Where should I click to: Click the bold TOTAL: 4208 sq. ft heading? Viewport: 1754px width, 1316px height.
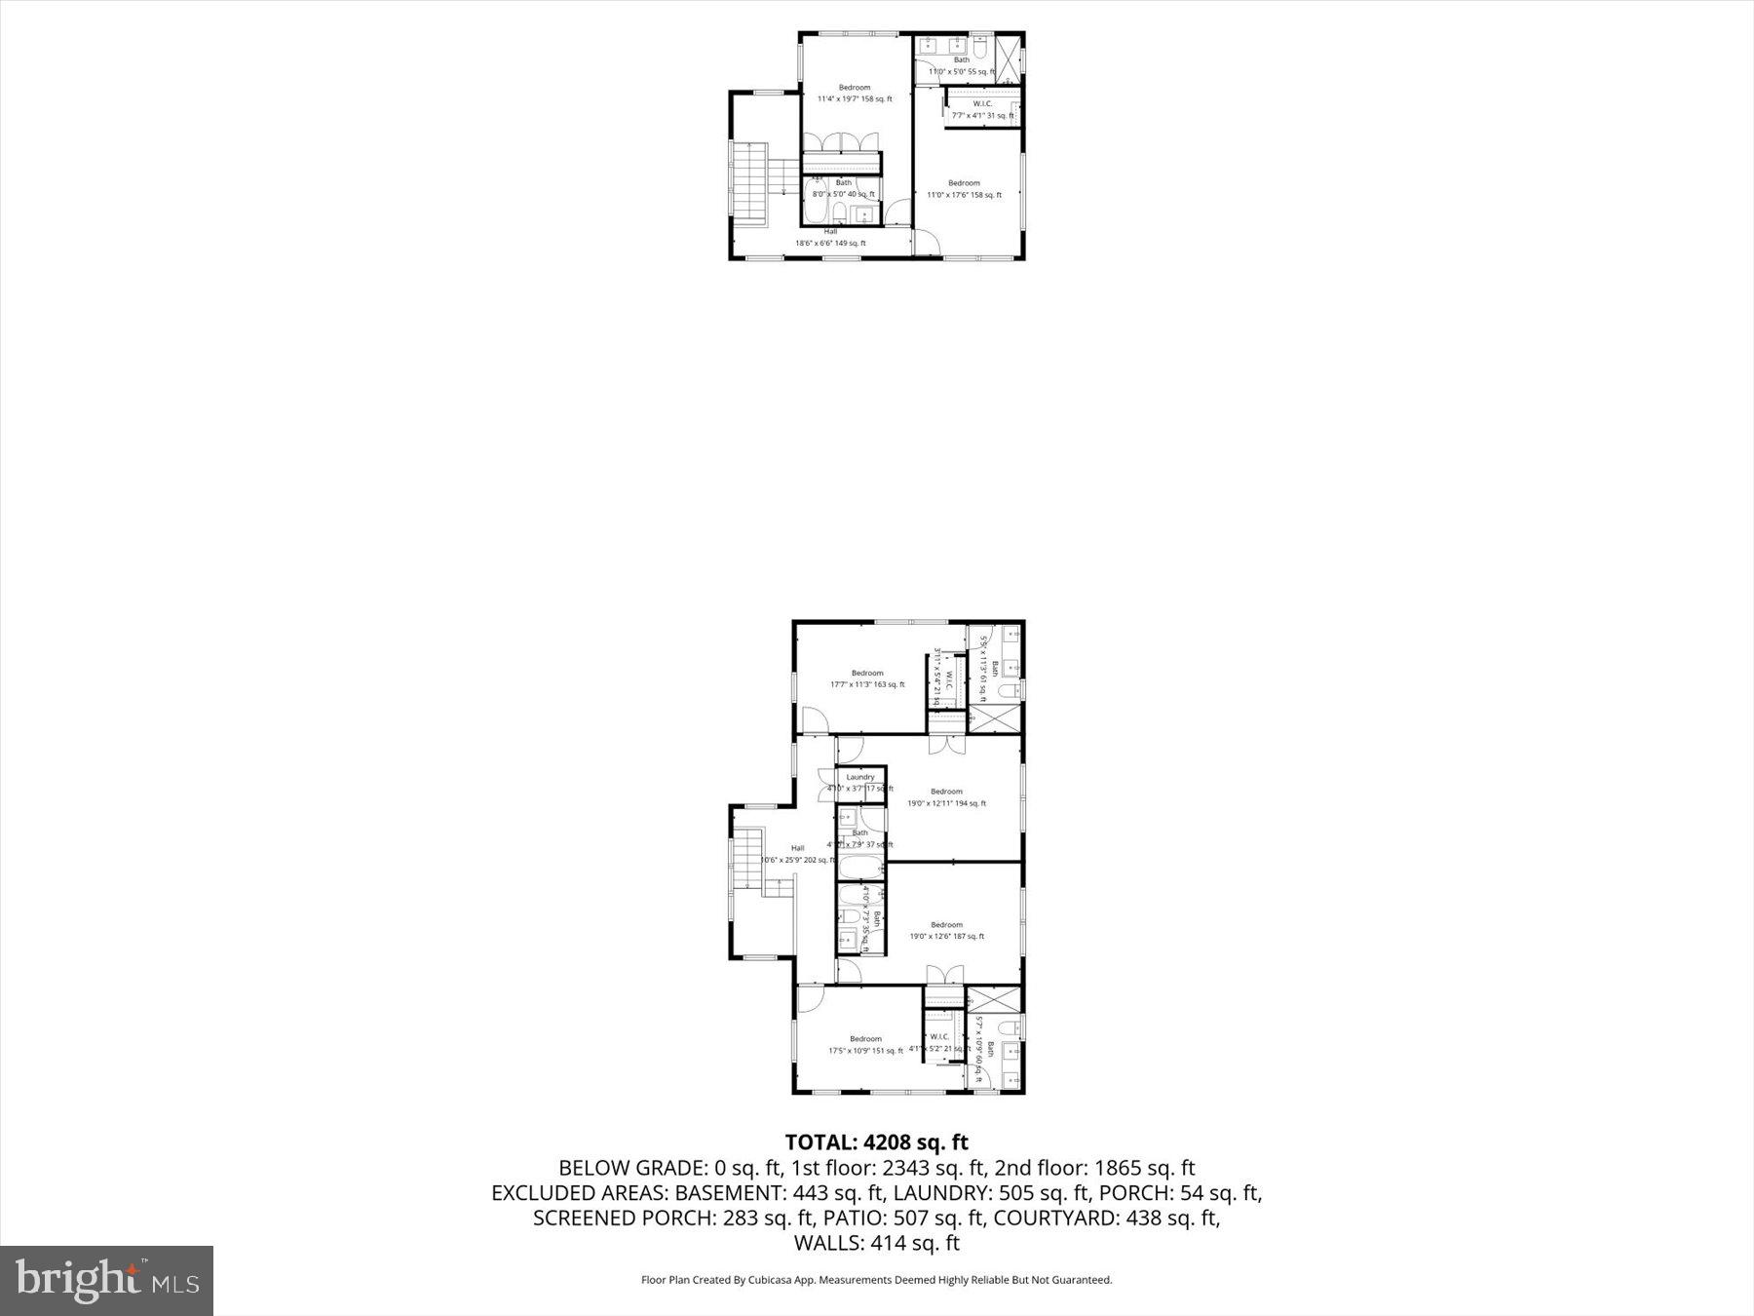click(876, 1142)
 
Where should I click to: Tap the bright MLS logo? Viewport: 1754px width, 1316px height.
click(107, 1280)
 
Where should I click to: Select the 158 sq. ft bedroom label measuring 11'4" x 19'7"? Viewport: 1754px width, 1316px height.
click(855, 94)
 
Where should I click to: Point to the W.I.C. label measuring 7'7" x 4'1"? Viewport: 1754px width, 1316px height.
click(982, 110)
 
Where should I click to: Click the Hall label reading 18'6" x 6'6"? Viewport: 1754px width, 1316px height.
click(830, 238)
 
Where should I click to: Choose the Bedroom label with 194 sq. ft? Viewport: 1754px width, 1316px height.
click(946, 797)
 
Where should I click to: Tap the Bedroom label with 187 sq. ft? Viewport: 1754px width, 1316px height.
click(946, 931)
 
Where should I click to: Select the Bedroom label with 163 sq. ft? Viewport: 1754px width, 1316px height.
click(867, 678)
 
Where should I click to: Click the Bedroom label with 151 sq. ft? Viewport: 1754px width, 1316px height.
click(865, 1045)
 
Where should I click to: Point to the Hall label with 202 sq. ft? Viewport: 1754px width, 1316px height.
click(798, 854)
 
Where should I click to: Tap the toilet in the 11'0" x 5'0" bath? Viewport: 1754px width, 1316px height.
click(980, 45)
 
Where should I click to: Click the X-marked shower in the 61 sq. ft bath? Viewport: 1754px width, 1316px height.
click(995, 719)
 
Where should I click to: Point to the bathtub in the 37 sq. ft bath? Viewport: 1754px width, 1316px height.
click(860, 867)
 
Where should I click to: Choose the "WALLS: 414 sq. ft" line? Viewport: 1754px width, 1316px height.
click(876, 1243)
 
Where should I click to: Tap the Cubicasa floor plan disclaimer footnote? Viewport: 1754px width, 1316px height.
click(876, 1280)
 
